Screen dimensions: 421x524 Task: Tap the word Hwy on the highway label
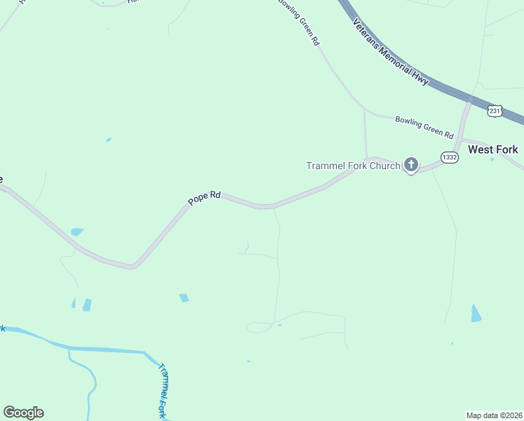pyautogui.click(x=421, y=80)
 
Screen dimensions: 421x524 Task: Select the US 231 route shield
pyautogui.click(x=495, y=111)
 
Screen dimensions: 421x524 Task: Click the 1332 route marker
pyautogui.click(x=450, y=158)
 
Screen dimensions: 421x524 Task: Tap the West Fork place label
pyautogui.click(x=493, y=149)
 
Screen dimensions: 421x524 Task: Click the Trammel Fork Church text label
pyautogui.click(x=353, y=166)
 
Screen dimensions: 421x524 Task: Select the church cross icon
pyautogui.click(x=411, y=166)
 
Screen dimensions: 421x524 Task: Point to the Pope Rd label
pyautogui.click(x=204, y=199)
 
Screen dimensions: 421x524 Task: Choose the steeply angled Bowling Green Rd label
pyautogui.click(x=299, y=23)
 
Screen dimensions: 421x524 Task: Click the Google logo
pyautogui.click(x=23, y=413)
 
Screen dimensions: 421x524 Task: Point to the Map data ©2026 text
pyautogui.click(x=494, y=415)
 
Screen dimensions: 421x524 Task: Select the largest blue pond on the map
pyautogui.click(x=476, y=313)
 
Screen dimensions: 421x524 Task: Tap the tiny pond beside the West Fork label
pyautogui.click(x=492, y=159)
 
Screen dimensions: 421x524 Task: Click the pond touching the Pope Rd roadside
pyautogui.click(x=77, y=232)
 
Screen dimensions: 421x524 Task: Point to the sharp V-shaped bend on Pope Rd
pyautogui.click(x=132, y=266)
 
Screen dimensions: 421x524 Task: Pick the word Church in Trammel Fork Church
pyautogui.click(x=384, y=166)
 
